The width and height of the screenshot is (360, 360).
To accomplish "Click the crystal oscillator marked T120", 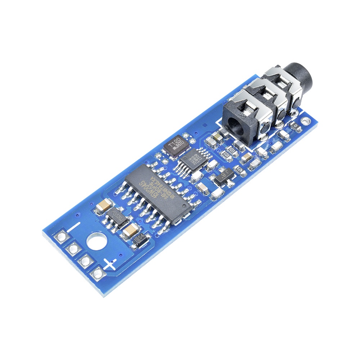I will click(x=176, y=145).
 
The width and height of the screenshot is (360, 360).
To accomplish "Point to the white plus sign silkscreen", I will click(x=110, y=264).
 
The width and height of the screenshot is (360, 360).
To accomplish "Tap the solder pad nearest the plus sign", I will click(x=98, y=274).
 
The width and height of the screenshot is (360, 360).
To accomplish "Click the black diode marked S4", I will click(x=139, y=239).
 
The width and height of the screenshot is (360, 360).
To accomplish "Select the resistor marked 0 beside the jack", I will click(x=296, y=125).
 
